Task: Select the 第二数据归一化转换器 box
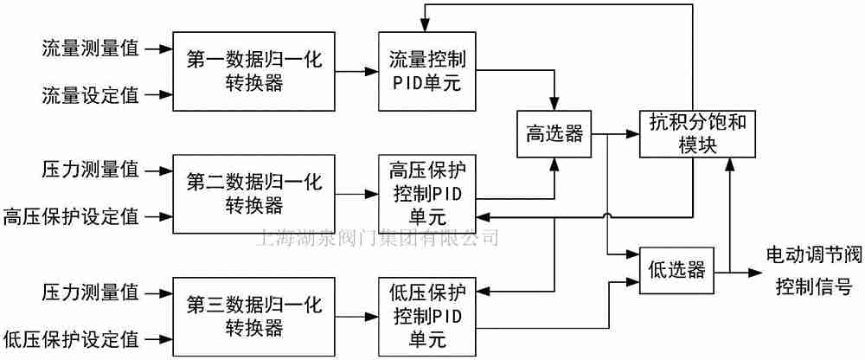coord(253,193)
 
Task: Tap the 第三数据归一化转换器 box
coord(253,316)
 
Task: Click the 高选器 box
coord(554,134)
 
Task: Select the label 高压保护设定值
coord(71,215)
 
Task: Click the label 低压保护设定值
coord(71,337)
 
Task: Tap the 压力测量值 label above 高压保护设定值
coord(90,170)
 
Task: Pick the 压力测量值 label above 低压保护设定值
coord(90,292)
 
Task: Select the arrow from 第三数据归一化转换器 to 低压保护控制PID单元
coord(356,315)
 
